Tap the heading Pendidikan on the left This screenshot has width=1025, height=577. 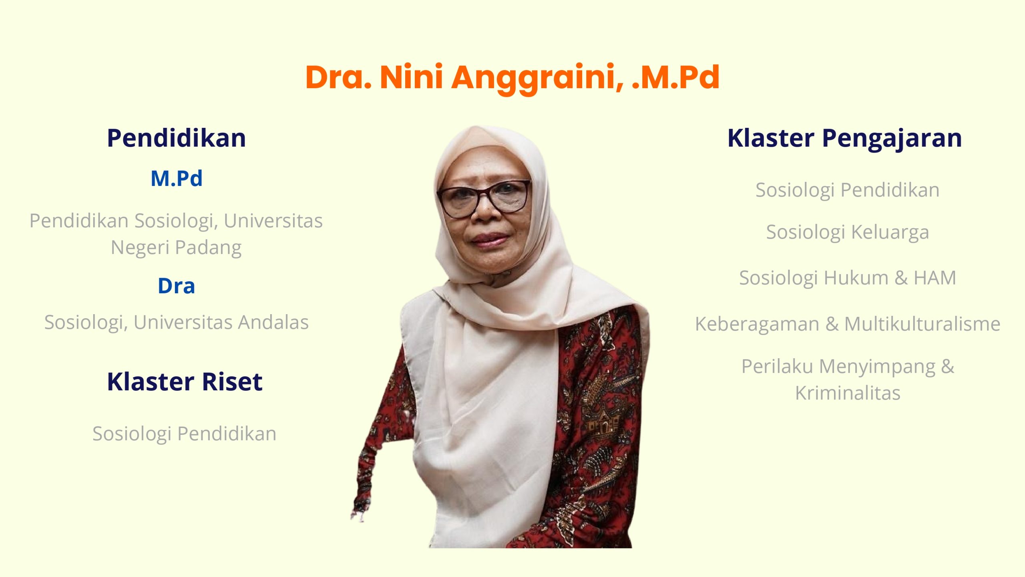[177, 138]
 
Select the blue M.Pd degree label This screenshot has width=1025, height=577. [177, 178]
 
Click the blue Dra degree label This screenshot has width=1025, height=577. [177, 286]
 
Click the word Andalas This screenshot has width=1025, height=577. [273, 322]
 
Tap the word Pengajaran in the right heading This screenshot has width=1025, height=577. [892, 139]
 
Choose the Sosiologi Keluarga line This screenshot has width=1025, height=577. [848, 232]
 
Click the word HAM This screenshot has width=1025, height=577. [935, 278]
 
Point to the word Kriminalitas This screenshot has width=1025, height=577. [848, 393]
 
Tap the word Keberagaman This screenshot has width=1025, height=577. [757, 324]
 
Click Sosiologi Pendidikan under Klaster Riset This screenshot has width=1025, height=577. [185, 434]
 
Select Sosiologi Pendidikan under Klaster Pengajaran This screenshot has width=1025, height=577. [848, 190]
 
